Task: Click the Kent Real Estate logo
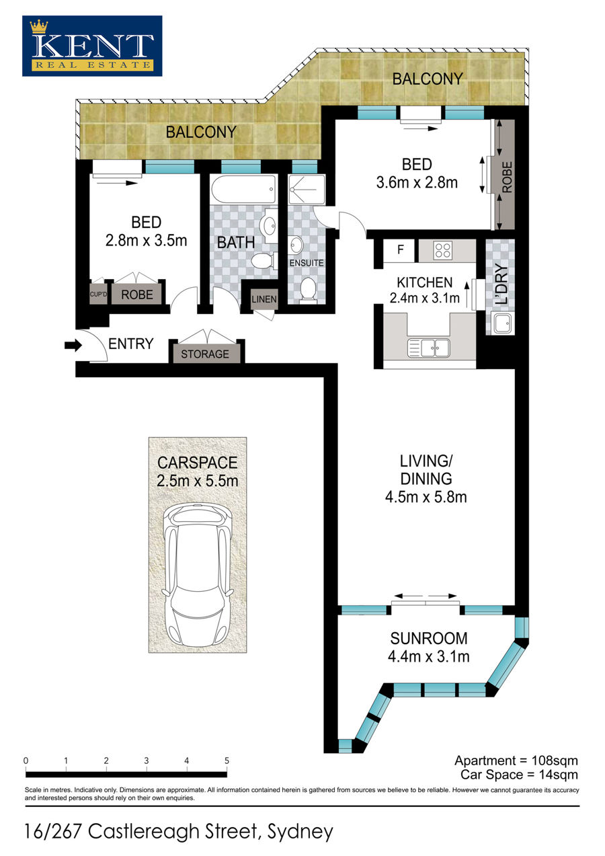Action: point(92,46)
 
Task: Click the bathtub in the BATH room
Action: point(243,190)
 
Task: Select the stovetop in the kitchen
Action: point(443,250)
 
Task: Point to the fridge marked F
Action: point(400,250)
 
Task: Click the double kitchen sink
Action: point(429,348)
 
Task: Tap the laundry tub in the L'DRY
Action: point(503,323)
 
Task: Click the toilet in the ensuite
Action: point(309,290)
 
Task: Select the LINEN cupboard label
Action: point(264,299)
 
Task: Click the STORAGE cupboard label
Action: point(205,354)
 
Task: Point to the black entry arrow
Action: point(73,346)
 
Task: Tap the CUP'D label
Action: point(98,295)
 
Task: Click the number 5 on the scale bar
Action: point(227,761)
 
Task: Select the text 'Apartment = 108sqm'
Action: point(516,761)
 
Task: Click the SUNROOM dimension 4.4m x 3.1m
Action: point(429,656)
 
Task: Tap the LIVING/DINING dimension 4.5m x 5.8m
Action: point(426,497)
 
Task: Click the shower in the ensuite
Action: point(307,190)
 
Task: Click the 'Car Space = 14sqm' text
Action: point(519,775)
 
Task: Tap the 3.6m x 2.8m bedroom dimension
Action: point(417,183)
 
